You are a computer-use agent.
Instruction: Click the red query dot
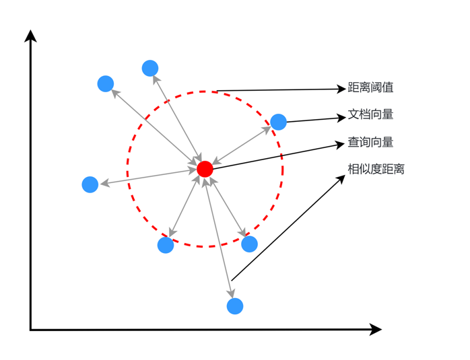pos(205,169)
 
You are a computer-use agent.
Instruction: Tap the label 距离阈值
pos(370,87)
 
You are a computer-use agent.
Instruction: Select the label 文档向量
pos(370,114)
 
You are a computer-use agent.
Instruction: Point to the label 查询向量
pos(370,142)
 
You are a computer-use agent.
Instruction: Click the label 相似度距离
pos(376,169)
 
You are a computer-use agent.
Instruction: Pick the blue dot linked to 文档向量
pos(279,122)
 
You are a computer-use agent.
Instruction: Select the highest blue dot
pos(150,68)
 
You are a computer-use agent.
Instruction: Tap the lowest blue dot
pos(235,306)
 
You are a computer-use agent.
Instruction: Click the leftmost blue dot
pos(90,184)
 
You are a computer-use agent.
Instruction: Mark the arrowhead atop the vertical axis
pos(30,36)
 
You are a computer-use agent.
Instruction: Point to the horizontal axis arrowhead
pos(375,330)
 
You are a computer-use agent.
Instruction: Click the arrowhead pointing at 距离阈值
pos(341,89)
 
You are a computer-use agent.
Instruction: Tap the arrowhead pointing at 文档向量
pos(341,118)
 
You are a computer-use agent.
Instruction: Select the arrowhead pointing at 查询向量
pos(340,145)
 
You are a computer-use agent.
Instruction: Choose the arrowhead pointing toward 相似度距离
pos(341,180)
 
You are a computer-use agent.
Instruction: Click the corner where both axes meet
pos(30,330)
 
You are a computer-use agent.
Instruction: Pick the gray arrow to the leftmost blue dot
pos(149,177)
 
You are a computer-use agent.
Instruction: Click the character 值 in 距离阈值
pos(388,87)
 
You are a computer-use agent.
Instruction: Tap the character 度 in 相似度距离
pos(376,169)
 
